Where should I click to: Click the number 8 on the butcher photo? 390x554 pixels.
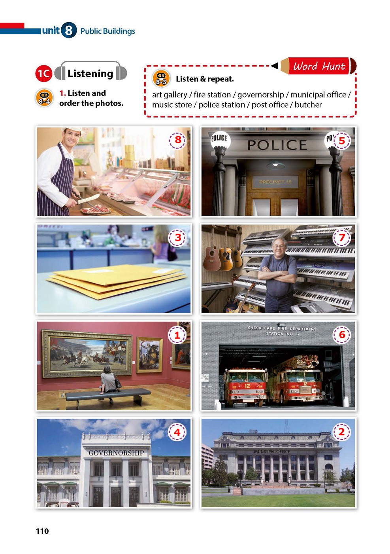(x=178, y=140)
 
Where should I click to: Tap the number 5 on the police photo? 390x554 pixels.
(x=341, y=141)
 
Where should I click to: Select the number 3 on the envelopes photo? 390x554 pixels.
(x=178, y=237)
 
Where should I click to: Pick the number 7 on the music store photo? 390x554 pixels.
(x=342, y=237)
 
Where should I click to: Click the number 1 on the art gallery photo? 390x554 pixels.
(x=177, y=335)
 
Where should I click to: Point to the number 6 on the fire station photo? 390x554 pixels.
(x=342, y=335)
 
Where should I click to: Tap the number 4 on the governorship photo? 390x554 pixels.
(x=177, y=432)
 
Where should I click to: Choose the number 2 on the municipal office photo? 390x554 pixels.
(x=341, y=432)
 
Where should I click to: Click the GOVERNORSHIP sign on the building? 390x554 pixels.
(x=116, y=453)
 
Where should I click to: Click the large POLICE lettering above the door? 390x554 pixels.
(x=277, y=145)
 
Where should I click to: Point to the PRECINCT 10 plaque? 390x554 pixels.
(x=275, y=182)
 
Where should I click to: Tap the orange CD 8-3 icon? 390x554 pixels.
(x=161, y=78)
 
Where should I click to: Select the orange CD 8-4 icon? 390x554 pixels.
(x=44, y=98)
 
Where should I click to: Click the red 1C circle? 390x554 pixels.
(x=44, y=74)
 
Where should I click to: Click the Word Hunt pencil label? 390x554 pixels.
(x=318, y=66)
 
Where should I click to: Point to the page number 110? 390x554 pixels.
(x=42, y=531)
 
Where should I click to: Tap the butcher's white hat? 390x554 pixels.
(x=72, y=130)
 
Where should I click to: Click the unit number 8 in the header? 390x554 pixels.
(x=68, y=30)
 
